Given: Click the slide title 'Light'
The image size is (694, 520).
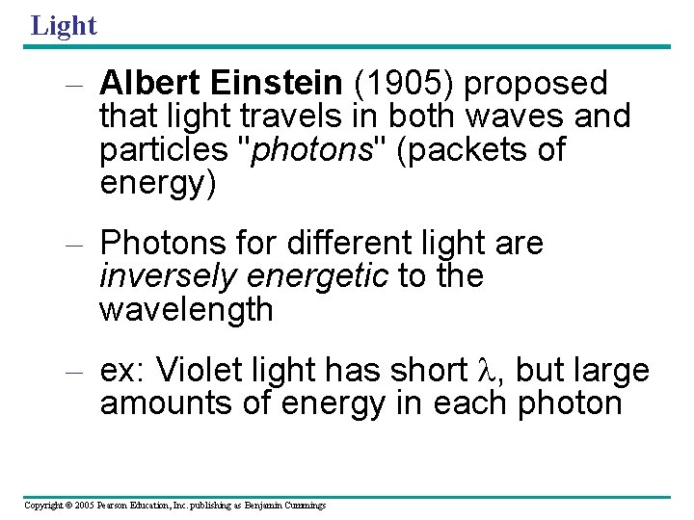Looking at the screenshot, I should [x=64, y=25].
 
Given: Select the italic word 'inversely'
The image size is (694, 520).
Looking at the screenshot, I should [x=168, y=276].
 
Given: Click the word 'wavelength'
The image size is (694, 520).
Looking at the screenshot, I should [x=187, y=310].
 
